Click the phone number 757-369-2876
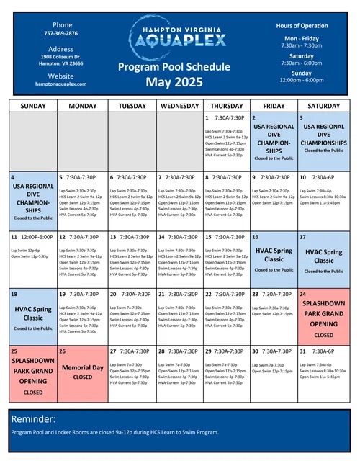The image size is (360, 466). [x=60, y=33]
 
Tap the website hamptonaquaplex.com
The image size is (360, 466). [x=60, y=84]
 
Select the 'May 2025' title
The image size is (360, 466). [x=174, y=83]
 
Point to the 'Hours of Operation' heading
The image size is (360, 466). [x=301, y=26]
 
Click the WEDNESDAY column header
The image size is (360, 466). [x=179, y=105]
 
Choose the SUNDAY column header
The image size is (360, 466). [x=33, y=105]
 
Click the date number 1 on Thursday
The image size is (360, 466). [x=207, y=117]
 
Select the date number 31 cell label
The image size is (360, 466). [x=303, y=351]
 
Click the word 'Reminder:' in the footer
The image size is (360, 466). [x=34, y=419]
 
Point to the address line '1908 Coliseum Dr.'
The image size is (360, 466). [x=60, y=56]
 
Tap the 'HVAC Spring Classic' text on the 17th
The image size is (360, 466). [x=323, y=256]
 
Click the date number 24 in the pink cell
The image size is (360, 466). [x=303, y=294]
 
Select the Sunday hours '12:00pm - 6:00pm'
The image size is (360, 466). [x=301, y=80]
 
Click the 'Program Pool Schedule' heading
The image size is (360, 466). [x=174, y=67]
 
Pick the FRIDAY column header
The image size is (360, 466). [x=274, y=105]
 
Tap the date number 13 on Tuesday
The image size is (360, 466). [x=112, y=236]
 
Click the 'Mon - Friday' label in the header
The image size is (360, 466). [x=301, y=38]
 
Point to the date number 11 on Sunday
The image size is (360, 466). [x=14, y=236]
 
